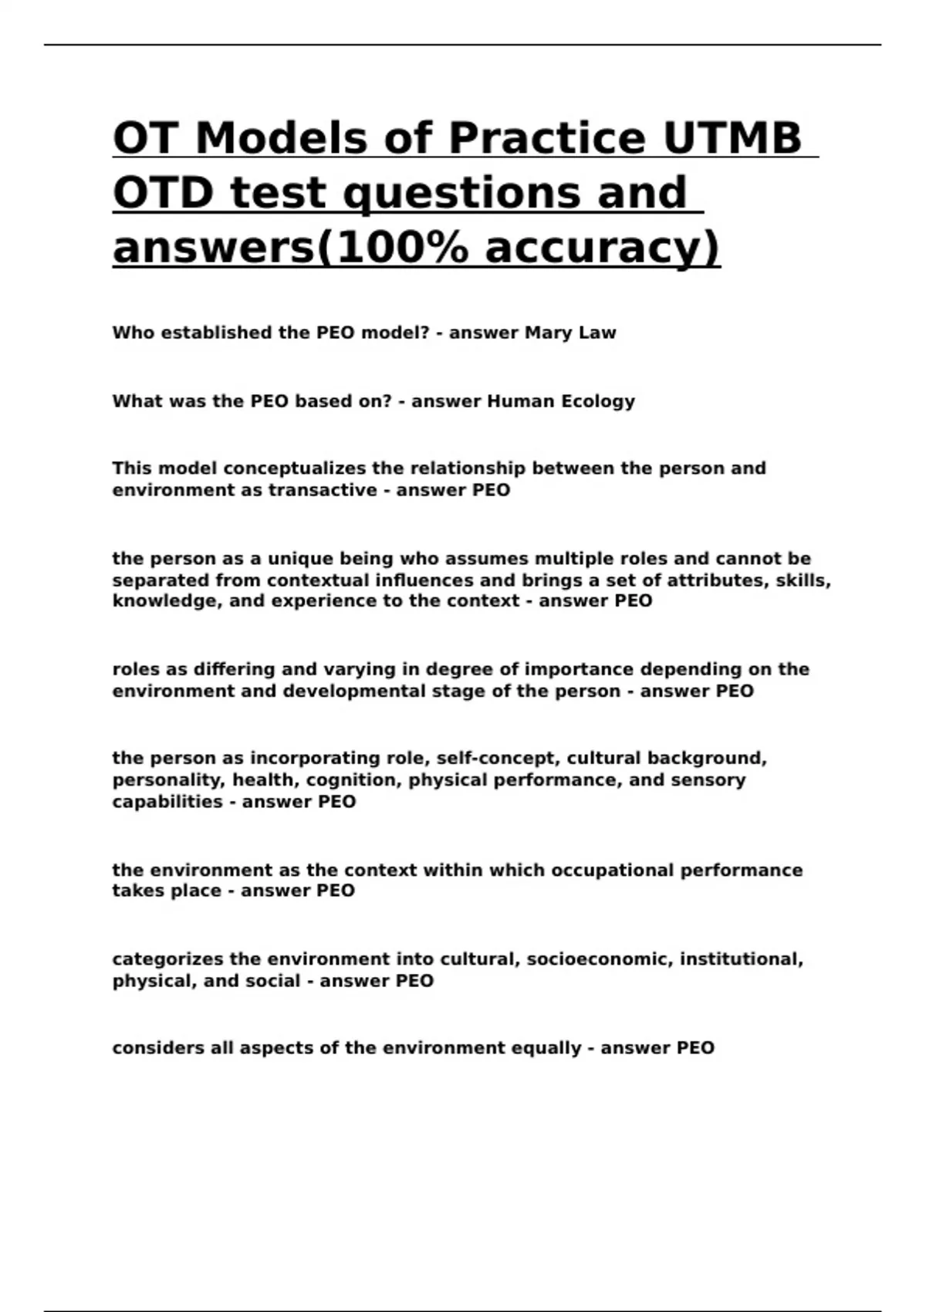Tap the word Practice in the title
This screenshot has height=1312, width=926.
pos(546,139)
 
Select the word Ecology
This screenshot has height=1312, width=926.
pos(597,401)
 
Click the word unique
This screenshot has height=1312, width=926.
pos(300,559)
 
